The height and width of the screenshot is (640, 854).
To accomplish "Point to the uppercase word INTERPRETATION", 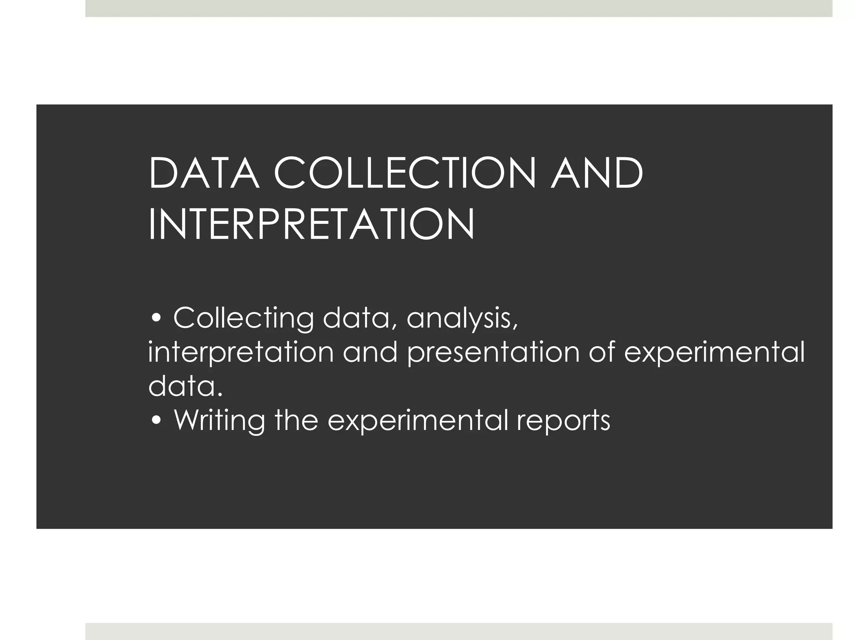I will (311, 225).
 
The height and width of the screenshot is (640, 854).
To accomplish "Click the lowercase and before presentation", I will (370, 352).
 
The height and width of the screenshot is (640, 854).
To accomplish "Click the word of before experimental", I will (602, 352).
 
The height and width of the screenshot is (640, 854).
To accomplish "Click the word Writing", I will (219, 421).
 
